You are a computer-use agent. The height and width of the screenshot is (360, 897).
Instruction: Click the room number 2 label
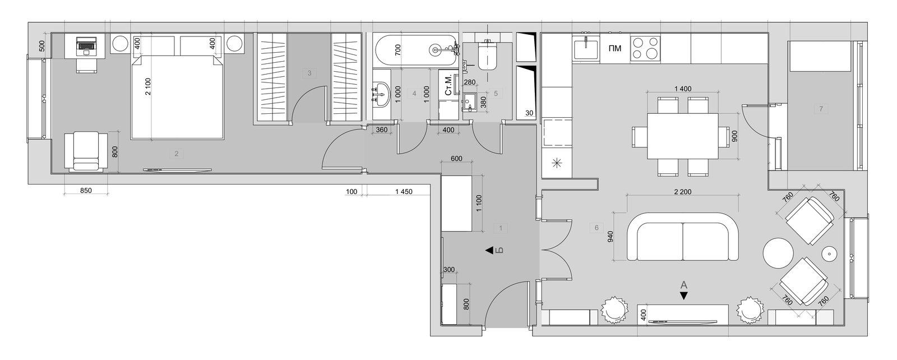pyautogui.click(x=176, y=154)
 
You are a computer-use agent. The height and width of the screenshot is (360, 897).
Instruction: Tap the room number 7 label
pyautogui.click(x=821, y=109)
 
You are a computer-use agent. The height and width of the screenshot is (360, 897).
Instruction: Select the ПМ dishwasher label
pyautogui.click(x=614, y=48)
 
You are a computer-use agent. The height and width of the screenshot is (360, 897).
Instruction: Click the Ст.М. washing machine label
pyautogui.click(x=449, y=85)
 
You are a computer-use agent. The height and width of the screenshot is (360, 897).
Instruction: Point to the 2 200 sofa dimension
pyautogui.click(x=683, y=192)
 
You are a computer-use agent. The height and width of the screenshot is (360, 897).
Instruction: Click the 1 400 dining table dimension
pyautogui.click(x=683, y=89)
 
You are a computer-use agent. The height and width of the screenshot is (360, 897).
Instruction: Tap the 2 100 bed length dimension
pyautogui.click(x=148, y=86)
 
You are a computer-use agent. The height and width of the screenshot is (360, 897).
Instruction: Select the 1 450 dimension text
pyautogui.click(x=404, y=192)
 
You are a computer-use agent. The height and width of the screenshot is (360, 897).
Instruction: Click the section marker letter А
pyautogui.click(x=684, y=285)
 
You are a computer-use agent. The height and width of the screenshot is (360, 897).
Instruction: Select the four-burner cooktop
pyautogui.click(x=645, y=48)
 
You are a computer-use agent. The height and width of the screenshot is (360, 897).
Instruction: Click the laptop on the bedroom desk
pyautogui.click(x=86, y=44)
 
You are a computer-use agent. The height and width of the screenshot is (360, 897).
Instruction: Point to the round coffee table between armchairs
pyautogui.click(x=778, y=253)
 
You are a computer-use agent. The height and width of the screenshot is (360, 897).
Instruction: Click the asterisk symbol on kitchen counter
pyautogui.click(x=557, y=163)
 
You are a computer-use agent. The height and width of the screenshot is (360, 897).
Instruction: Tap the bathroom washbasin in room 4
pyautogui.click(x=381, y=95)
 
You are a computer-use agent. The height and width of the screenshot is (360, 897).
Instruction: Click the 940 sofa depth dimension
pyautogui.click(x=611, y=237)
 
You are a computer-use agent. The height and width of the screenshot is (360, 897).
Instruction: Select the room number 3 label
pyautogui.click(x=309, y=73)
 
